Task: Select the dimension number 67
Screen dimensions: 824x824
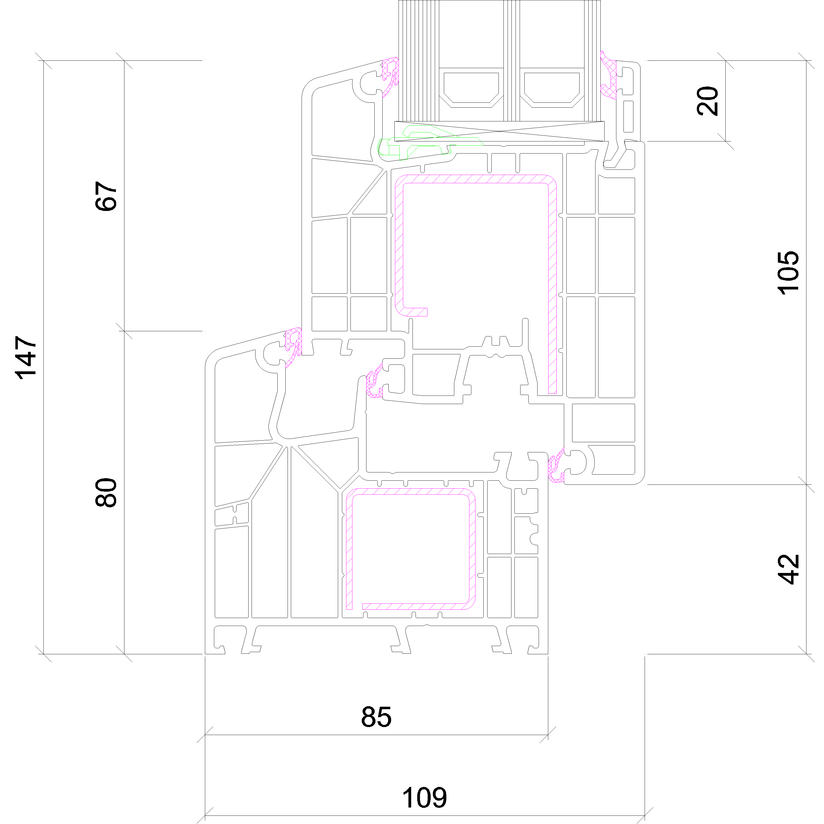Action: tap(106, 196)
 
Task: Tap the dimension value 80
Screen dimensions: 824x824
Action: tap(106, 492)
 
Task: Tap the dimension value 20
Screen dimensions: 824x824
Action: tap(708, 101)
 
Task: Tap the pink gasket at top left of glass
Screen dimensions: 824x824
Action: tap(390, 77)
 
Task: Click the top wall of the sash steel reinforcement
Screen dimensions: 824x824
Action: tap(475, 179)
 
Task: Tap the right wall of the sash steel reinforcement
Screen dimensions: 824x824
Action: tap(552, 286)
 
